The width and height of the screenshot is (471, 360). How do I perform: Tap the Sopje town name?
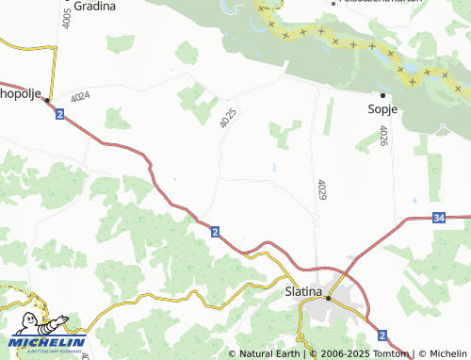tap(382, 109)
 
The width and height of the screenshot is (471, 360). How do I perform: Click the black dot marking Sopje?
tap(382, 95)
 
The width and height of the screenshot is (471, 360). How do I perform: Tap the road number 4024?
tap(79, 95)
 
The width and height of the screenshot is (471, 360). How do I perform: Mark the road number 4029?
tap(322, 189)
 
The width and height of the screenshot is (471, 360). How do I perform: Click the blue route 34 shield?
tap(440, 219)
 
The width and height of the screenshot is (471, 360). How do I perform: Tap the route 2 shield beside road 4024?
tap(59, 114)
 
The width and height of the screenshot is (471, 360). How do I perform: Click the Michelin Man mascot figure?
tap(38, 321)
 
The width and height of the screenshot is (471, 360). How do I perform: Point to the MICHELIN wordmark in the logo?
tap(49, 341)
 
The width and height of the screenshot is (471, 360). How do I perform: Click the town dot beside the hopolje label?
tap(45, 98)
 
